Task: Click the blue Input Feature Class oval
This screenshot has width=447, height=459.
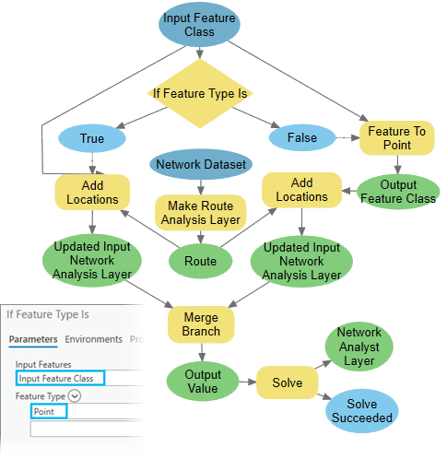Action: click(199, 25)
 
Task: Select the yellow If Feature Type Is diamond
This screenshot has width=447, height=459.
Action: click(200, 93)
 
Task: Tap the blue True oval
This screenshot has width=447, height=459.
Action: click(92, 139)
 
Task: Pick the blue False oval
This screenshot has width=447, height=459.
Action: click(301, 138)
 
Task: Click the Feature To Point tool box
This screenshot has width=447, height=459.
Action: click(396, 138)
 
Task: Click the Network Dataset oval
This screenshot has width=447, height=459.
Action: click(201, 165)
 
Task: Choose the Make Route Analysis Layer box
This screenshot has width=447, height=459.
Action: click(200, 212)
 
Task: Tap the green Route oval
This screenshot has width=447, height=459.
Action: click(200, 261)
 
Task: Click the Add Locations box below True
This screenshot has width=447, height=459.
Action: click(92, 192)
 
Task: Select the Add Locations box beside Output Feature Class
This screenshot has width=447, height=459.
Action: click(301, 191)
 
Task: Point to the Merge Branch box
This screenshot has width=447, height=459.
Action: click(200, 324)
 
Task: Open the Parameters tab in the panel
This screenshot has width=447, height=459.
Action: click(34, 339)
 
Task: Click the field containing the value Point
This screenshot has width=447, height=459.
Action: click(50, 410)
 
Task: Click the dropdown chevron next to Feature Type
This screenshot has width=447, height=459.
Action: click(75, 394)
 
